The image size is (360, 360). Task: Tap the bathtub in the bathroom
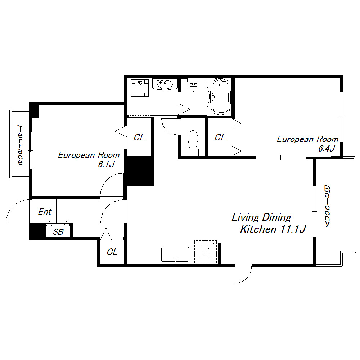[220, 96]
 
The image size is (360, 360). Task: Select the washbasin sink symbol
[165, 84]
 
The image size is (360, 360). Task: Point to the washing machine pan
[140, 88]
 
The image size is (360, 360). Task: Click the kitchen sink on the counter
[175, 254]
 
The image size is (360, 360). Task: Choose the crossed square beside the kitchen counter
[206, 252]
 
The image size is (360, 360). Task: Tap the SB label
[58, 232]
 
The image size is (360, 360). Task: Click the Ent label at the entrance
[45, 211]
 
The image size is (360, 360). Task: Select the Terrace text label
[20, 145]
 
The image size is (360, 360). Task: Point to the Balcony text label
[327, 206]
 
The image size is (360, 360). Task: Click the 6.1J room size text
[106, 165]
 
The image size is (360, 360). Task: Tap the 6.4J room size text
[327, 148]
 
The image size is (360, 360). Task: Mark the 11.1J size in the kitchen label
[293, 229]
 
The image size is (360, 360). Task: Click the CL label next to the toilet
[220, 137]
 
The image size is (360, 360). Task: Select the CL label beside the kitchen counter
[112, 252]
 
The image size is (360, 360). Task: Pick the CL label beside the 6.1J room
[139, 137]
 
